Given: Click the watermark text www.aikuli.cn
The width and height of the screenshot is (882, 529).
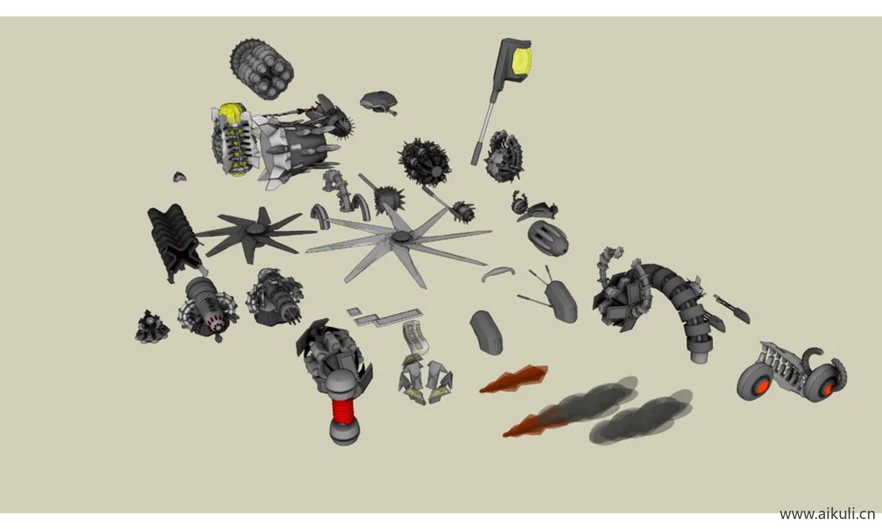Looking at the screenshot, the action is tap(827, 514).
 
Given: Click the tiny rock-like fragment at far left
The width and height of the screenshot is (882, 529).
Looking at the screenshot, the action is tap(179, 177).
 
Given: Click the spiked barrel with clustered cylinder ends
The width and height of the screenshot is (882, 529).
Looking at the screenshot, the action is tap(262, 69).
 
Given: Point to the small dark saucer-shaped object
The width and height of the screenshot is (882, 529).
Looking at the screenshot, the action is tap(379, 102).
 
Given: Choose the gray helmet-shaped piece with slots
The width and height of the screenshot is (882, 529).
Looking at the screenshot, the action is tap(547, 239).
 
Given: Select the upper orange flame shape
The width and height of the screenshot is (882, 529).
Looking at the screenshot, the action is tap(514, 379).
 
